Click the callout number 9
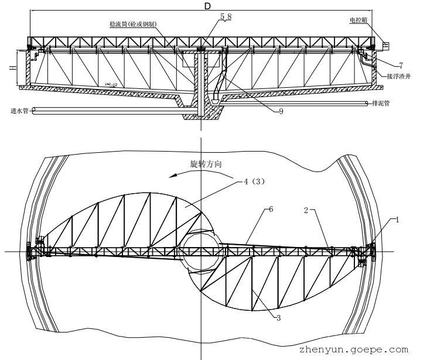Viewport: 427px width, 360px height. [282, 111]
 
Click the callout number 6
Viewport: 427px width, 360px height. [270, 208]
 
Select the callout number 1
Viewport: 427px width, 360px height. [397, 220]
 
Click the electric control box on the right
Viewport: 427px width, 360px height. [384, 44]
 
